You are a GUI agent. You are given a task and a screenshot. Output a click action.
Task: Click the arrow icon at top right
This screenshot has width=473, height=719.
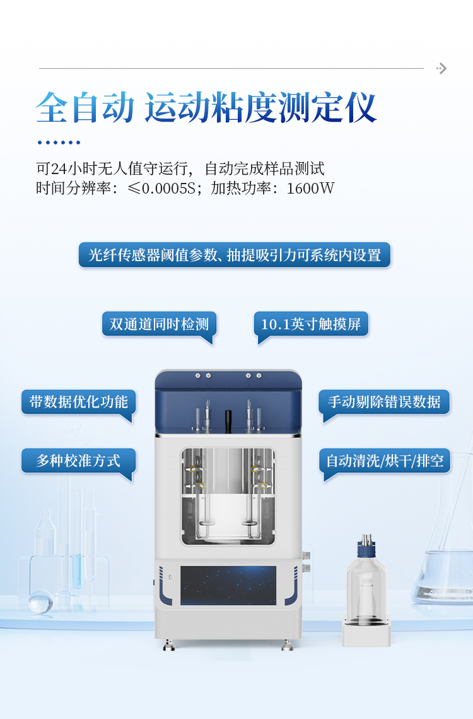pyautogui.click(x=442, y=68)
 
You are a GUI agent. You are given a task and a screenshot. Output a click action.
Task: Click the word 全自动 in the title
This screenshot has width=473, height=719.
pyautogui.click(x=85, y=108)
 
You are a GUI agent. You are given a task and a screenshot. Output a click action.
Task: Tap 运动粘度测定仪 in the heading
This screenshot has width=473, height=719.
pyautogui.click(x=260, y=108)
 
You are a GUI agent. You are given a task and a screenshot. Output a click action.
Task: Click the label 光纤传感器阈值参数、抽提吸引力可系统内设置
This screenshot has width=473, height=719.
pyautogui.click(x=235, y=255)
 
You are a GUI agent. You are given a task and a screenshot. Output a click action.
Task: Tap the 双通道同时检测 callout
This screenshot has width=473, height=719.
pyautogui.click(x=159, y=324)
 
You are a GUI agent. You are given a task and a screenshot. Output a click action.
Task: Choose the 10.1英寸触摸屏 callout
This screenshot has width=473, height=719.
pyautogui.click(x=311, y=324)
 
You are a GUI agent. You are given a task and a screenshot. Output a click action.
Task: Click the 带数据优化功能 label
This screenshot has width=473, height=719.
pyautogui.click(x=79, y=402)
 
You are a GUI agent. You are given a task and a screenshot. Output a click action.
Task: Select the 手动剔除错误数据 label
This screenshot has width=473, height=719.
pyautogui.click(x=384, y=402)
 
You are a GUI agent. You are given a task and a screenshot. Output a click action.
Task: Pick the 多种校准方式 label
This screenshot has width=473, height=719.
pyautogui.click(x=79, y=460)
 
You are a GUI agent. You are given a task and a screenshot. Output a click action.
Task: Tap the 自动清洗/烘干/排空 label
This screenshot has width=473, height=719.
pyautogui.click(x=384, y=460)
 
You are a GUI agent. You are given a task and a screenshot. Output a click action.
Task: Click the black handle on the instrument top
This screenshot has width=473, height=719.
pyautogui.click(x=228, y=418)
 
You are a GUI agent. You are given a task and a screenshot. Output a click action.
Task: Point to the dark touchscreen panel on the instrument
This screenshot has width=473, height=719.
pyautogui.click(x=228, y=585)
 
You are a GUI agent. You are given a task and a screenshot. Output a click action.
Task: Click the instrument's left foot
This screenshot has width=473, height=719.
pyautogui.click(x=168, y=645)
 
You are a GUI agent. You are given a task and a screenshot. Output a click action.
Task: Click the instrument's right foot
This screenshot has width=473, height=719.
pyautogui.click(x=287, y=645)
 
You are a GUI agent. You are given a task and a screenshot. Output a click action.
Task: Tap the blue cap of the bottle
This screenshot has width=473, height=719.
pyautogui.click(x=366, y=549)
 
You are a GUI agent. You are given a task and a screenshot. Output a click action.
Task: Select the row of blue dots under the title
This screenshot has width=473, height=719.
pyautogui.click(x=59, y=143)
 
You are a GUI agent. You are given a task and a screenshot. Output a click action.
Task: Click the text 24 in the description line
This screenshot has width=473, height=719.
pyautogui.click(x=58, y=169)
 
